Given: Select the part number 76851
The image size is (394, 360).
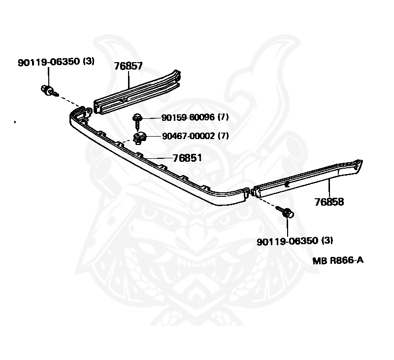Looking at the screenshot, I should pos(187,158).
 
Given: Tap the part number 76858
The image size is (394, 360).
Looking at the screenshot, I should pos(329,201).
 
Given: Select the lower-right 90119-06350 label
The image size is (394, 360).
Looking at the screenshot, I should pos(287,241).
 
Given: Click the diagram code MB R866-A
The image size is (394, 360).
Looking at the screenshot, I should pos(338,260).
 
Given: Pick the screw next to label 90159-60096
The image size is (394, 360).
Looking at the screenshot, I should pos(138,118).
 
